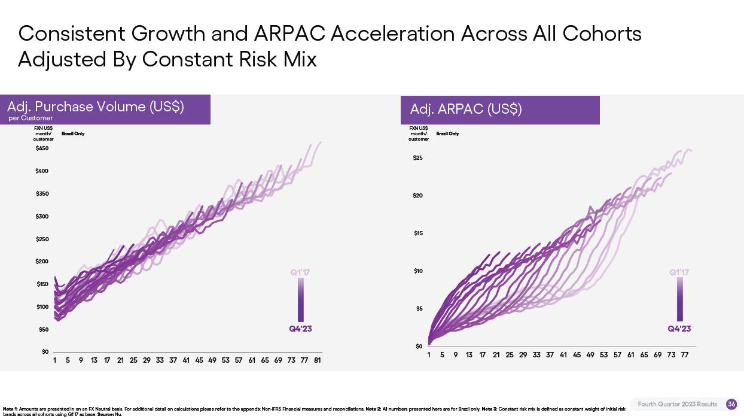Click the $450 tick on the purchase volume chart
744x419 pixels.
point(42,148)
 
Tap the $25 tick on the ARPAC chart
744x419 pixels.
point(417,158)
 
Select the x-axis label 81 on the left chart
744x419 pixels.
point(318,360)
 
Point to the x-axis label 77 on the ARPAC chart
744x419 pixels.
point(685,355)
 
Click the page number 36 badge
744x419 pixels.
point(731,405)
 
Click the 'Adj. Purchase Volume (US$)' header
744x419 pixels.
point(96,107)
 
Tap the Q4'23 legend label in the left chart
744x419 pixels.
point(300,329)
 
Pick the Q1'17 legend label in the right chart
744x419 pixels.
point(679,272)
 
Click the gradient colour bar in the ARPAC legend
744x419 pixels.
point(680,299)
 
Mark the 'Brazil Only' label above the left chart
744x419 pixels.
point(73,133)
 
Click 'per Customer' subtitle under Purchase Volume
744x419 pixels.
point(31,118)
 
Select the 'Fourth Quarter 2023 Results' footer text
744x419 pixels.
point(677,405)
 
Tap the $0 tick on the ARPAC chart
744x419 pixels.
point(419,347)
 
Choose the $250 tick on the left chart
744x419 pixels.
point(42,239)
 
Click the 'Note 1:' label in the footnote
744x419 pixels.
point(10,409)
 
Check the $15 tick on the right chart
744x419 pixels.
point(418,233)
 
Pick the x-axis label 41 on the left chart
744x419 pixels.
point(186,360)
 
